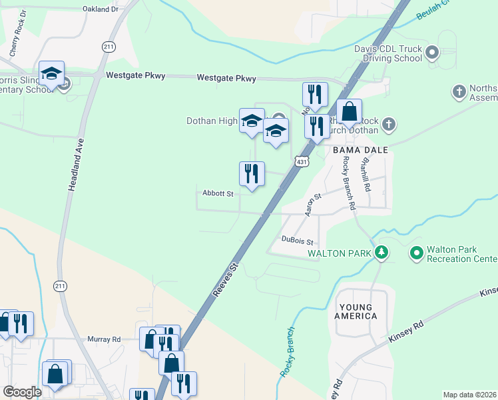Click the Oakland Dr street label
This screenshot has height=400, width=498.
click(x=101, y=9)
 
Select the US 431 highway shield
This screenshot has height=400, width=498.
click(x=302, y=162)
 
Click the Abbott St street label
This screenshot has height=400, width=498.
click(x=218, y=194)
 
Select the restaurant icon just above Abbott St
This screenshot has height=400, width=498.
click(x=252, y=174)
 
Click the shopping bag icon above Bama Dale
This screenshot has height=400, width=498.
click(x=349, y=112)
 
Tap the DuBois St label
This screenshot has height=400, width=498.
click(x=297, y=240)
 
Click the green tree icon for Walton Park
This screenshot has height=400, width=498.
click(x=381, y=253)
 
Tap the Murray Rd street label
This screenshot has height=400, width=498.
click(x=103, y=339)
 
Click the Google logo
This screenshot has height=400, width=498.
click(x=23, y=392)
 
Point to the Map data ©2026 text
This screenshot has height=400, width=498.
click(x=469, y=395)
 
